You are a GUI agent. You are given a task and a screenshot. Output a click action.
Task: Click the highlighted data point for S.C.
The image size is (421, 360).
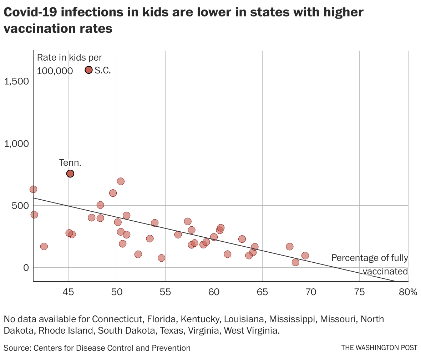click(89, 70)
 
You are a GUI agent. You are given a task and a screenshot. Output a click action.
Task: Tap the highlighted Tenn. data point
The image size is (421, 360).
click(70, 174)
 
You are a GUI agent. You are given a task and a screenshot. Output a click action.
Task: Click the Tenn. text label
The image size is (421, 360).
click(70, 163)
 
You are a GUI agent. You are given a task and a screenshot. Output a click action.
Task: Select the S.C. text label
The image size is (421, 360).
click(103, 70)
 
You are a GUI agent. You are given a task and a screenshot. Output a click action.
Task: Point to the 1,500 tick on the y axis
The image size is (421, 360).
click(16, 81)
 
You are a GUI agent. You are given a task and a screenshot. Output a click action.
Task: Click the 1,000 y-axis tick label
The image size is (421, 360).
click(16, 143)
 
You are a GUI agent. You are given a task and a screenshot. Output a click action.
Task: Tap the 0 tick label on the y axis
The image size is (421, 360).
click(26, 268)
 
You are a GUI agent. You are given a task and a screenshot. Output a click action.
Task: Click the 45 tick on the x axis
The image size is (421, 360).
click(68, 292)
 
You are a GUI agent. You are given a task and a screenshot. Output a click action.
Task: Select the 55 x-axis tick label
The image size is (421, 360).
click(165, 292)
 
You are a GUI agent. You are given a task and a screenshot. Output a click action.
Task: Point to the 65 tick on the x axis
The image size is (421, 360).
click(262, 292)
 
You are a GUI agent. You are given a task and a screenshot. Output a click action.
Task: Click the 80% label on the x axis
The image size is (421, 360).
click(408, 292)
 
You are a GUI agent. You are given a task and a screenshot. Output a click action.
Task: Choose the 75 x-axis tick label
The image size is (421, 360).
click(359, 292)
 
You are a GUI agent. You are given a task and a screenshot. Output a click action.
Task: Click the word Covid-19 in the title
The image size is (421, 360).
click(30, 12)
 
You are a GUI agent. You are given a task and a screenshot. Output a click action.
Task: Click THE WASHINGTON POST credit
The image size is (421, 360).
click(379, 348)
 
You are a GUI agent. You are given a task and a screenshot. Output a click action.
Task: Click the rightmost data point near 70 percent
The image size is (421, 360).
click(305, 256)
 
